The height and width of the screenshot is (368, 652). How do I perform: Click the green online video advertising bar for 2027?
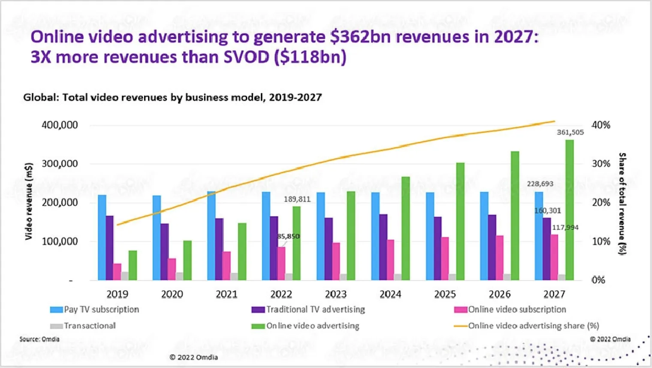click(x=569, y=210)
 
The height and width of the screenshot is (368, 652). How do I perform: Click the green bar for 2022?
click(x=296, y=243)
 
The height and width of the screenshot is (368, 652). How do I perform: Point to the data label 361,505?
click(x=570, y=133)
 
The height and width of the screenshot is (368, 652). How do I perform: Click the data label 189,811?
click(x=297, y=199)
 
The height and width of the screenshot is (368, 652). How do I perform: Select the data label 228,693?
click(x=540, y=184)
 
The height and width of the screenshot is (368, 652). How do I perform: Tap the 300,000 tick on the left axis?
click(x=60, y=164)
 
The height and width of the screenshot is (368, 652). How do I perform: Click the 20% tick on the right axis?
click(x=601, y=202)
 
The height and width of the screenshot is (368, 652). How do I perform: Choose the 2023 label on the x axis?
click(x=335, y=294)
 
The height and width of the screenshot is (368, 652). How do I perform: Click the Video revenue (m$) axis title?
click(x=29, y=202)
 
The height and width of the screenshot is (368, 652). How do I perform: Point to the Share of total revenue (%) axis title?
click(x=622, y=204)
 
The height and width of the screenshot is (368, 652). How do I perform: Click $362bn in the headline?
click(x=360, y=37)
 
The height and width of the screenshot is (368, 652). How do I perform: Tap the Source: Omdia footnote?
click(x=39, y=339)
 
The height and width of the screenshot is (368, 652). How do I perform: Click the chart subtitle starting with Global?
click(x=172, y=98)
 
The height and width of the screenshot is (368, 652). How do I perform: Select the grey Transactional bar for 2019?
click(x=125, y=276)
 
